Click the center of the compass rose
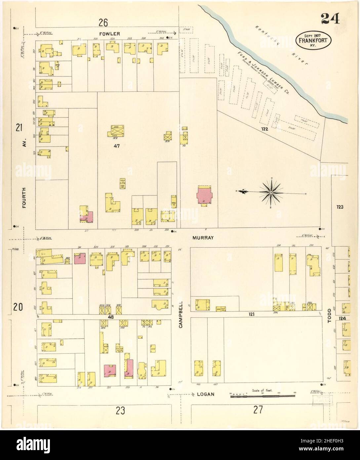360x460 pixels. click(271, 192)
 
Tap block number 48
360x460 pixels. click(111, 317)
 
